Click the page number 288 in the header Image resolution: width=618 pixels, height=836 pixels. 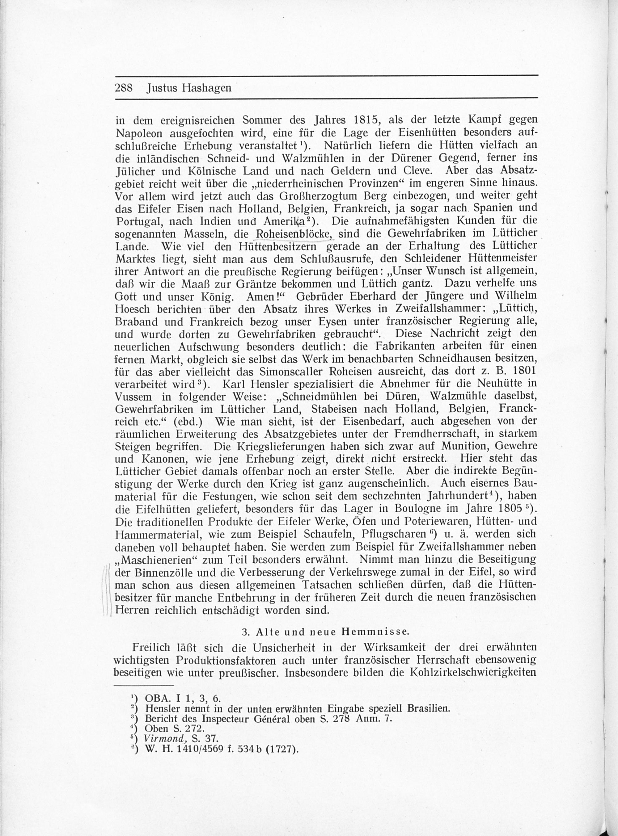pos(124,88)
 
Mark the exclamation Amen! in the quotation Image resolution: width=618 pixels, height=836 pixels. pos(266,296)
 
